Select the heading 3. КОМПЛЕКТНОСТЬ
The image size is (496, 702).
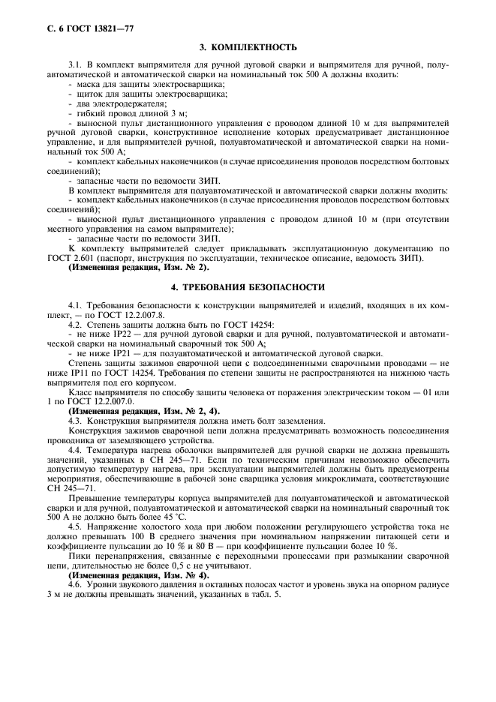[247, 46]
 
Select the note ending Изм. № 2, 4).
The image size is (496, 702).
[144, 411]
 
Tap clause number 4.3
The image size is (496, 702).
[77, 421]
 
